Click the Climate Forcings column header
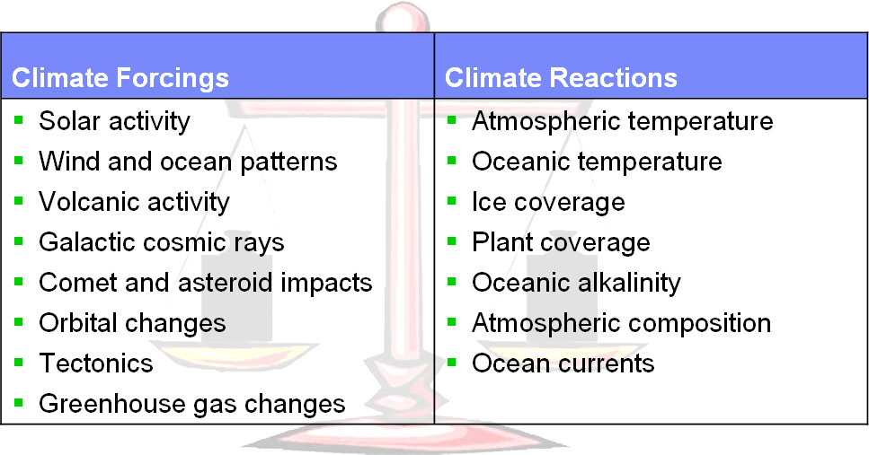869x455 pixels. click(x=120, y=77)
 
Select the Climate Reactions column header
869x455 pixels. click(x=561, y=77)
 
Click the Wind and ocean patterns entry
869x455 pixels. click(x=188, y=162)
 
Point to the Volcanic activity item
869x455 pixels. click(x=134, y=203)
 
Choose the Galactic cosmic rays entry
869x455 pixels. click(x=161, y=243)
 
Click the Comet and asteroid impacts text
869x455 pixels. click(x=206, y=283)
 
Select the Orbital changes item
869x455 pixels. click(x=132, y=324)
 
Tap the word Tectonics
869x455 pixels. click(x=96, y=363)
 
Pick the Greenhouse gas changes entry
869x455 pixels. click(x=192, y=404)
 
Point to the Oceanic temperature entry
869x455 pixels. click(x=597, y=162)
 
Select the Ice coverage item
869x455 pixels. click(x=548, y=203)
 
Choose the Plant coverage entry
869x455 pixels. click(x=561, y=243)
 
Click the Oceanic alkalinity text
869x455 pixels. click(x=576, y=283)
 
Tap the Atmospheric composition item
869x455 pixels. click(x=621, y=324)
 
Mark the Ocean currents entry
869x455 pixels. click(x=563, y=363)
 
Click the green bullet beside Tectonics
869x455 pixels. click(x=19, y=362)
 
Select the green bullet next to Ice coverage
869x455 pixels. click(x=452, y=200)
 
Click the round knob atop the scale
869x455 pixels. click(x=403, y=19)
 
